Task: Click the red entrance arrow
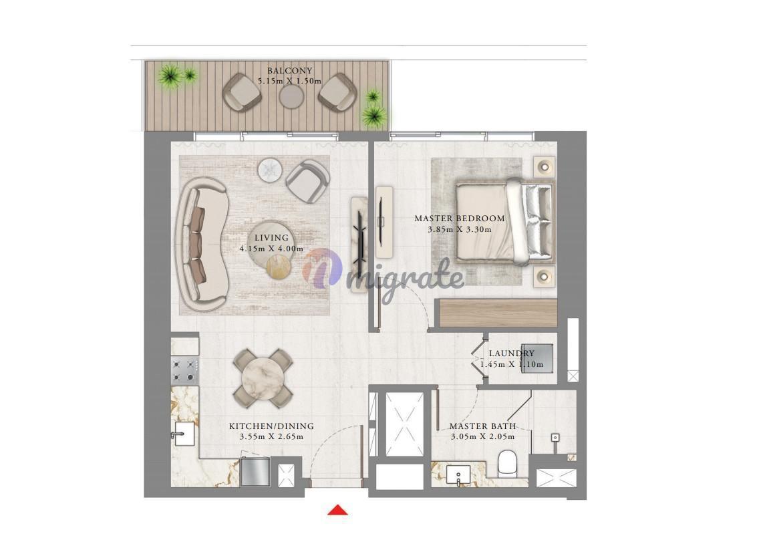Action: [337, 511]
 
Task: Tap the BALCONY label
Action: [289, 70]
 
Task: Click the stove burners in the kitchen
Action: [184, 370]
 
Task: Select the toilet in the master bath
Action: [507, 463]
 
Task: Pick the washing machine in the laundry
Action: [536, 358]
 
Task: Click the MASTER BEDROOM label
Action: [459, 219]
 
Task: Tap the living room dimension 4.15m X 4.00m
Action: [271, 249]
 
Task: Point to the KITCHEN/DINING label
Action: [271, 426]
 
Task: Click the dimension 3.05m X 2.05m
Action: [482, 436]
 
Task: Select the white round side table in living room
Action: [270, 170]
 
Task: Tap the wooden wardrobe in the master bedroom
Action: [498, 313]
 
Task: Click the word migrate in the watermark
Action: [411, 281]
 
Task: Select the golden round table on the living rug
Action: [279, 267]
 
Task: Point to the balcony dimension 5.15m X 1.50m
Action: [289, 81]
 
